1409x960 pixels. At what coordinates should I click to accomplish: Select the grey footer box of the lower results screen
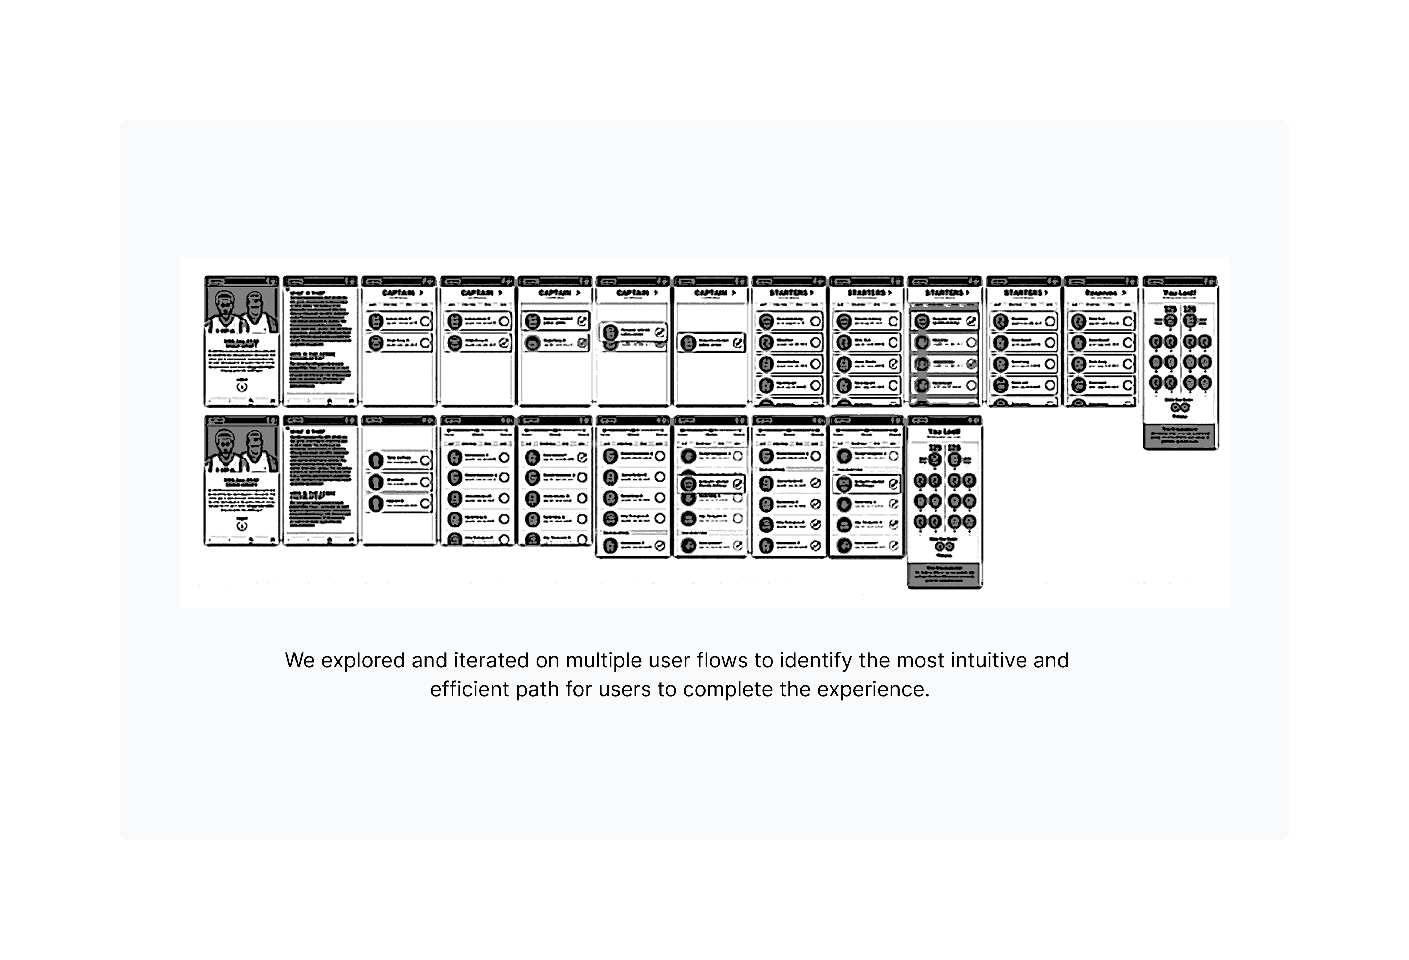[945, 575]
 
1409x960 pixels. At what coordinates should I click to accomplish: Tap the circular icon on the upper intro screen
[242, 386]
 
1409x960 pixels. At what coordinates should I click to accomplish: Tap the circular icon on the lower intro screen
[242, 525]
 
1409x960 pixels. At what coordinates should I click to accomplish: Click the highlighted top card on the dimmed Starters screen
[945, 321]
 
